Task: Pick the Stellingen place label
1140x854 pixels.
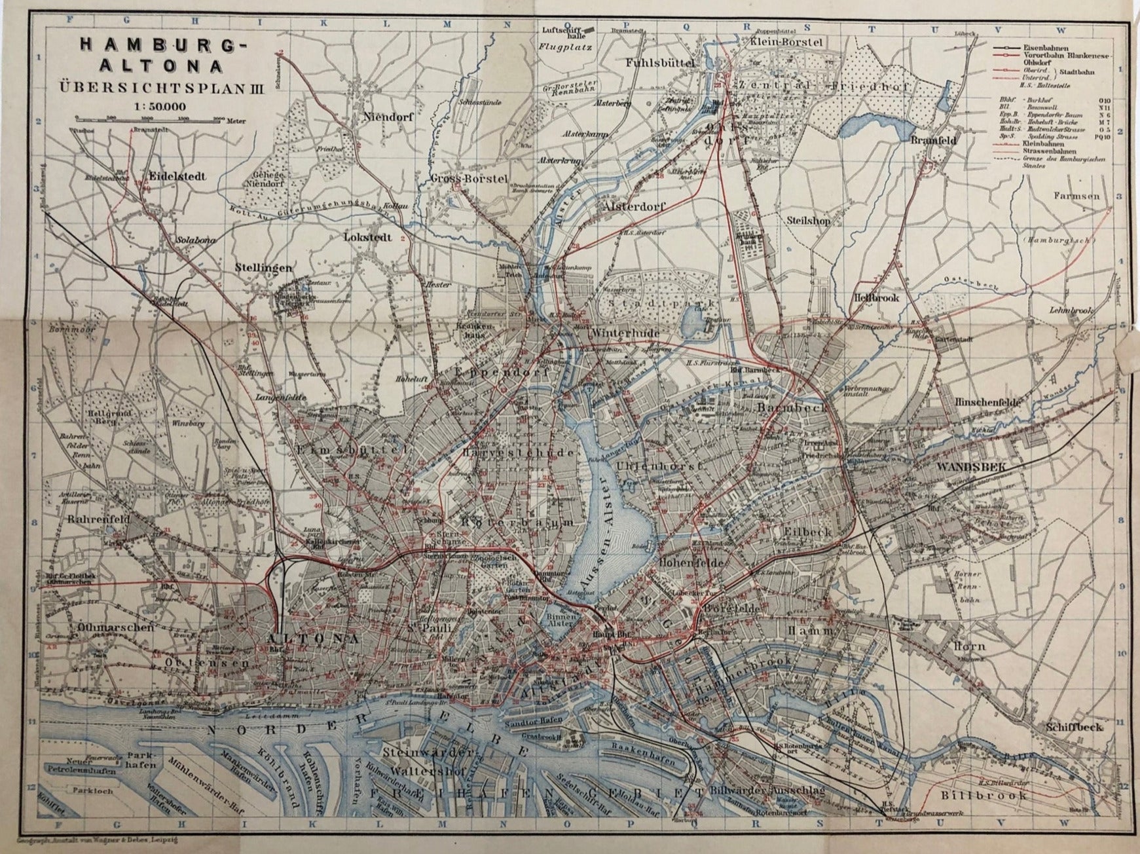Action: coord(262,268)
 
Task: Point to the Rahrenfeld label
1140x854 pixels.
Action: coord(100,519)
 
